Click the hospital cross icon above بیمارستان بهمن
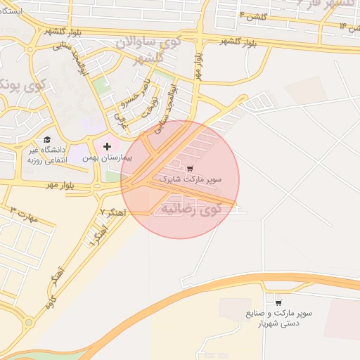(x=107, y=147)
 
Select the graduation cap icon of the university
(x=47, y=139)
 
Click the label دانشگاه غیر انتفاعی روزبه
(x=47, y=155)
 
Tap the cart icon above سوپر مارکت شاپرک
(x=190, y=168)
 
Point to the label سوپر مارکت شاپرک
(x=190, y=179)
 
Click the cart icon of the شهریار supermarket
(x=278, y=302)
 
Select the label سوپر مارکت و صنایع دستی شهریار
(x=278, y=318)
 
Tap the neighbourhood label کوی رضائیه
(x=190, y=208)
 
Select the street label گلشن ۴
(x=252, y=15)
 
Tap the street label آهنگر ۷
(x=112, y=210)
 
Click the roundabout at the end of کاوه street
(x=28, y=323)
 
